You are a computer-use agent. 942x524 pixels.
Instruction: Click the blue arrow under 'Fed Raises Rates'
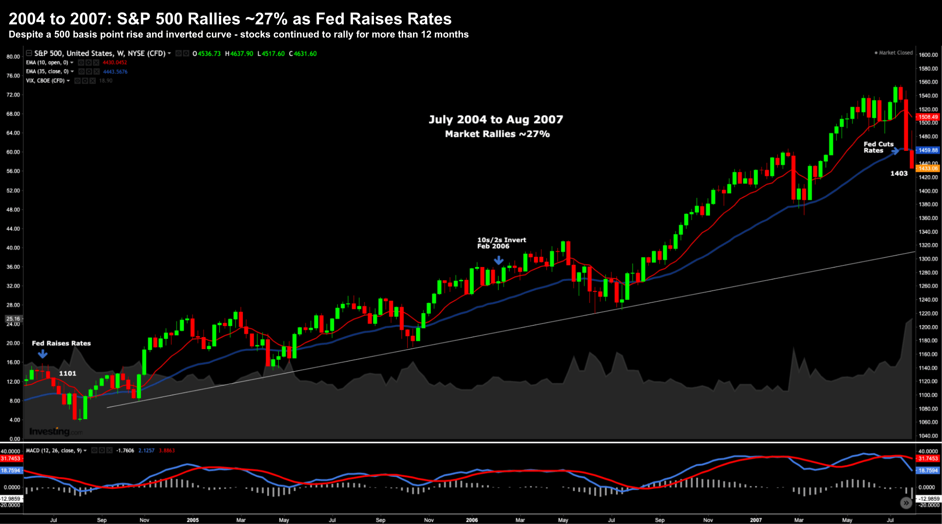43,354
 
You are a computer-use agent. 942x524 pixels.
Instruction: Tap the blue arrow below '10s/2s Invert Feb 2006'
499,260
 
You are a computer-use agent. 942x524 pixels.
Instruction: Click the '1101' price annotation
68,373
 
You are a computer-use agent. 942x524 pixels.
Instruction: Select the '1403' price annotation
899,173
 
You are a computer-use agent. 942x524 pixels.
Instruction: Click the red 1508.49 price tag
928,117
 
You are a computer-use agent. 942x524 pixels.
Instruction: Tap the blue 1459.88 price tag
928,150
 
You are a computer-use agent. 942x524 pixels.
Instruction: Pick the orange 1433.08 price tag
928,168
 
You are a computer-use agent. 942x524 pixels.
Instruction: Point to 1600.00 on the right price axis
928,55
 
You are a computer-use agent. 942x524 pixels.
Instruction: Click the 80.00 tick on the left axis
13,57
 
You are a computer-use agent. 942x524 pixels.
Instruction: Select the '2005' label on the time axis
193,520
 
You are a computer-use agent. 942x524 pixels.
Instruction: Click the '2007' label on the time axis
756,520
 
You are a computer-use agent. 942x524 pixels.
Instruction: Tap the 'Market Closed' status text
896,53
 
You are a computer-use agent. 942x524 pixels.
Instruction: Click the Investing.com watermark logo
56,432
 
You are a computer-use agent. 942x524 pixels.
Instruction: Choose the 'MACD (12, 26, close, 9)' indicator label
54,450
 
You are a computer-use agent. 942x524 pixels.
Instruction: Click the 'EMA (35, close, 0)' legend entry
47,72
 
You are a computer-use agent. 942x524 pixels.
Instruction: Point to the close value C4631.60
303,53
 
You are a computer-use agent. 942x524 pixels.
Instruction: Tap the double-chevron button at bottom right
906,503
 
